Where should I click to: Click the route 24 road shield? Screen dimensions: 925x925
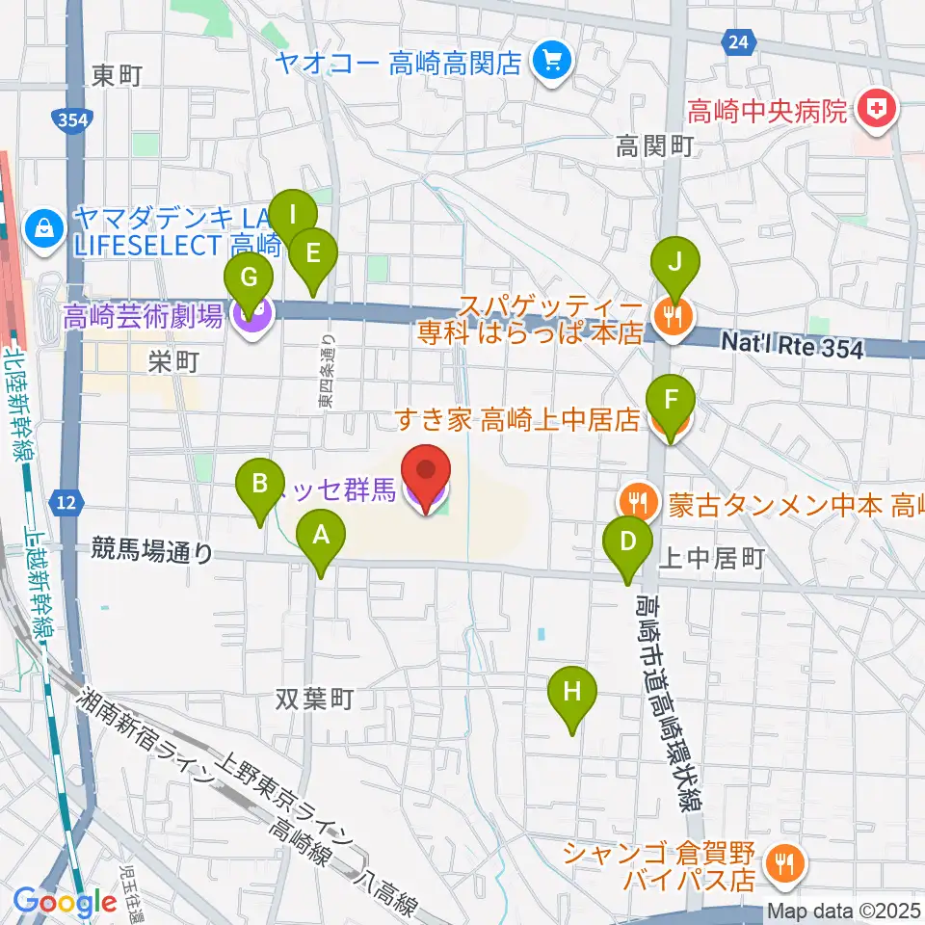737,40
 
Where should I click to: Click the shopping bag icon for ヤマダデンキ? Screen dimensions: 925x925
44,227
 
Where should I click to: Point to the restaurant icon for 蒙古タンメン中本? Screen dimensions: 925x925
636,502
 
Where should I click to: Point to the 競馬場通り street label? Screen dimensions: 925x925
153,551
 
